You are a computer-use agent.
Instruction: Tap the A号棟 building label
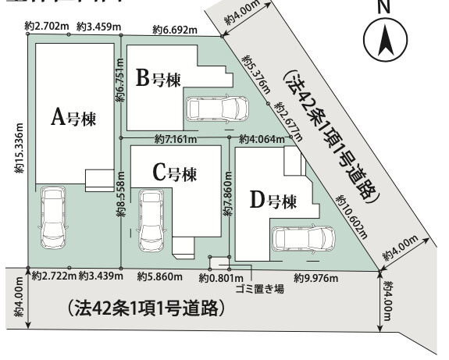pyautogui.click(x=73, y=118)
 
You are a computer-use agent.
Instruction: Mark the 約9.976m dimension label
pyautogui.click(x=316, y=277)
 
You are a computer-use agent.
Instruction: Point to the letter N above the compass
pyautogui.click(x=383, y=6)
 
